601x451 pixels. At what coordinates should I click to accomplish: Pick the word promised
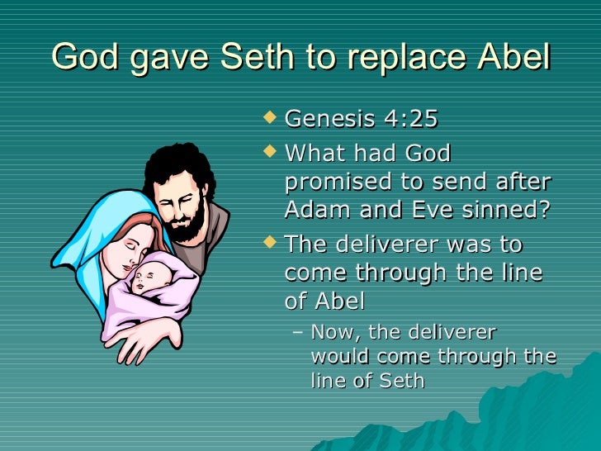(x=333, y=182)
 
